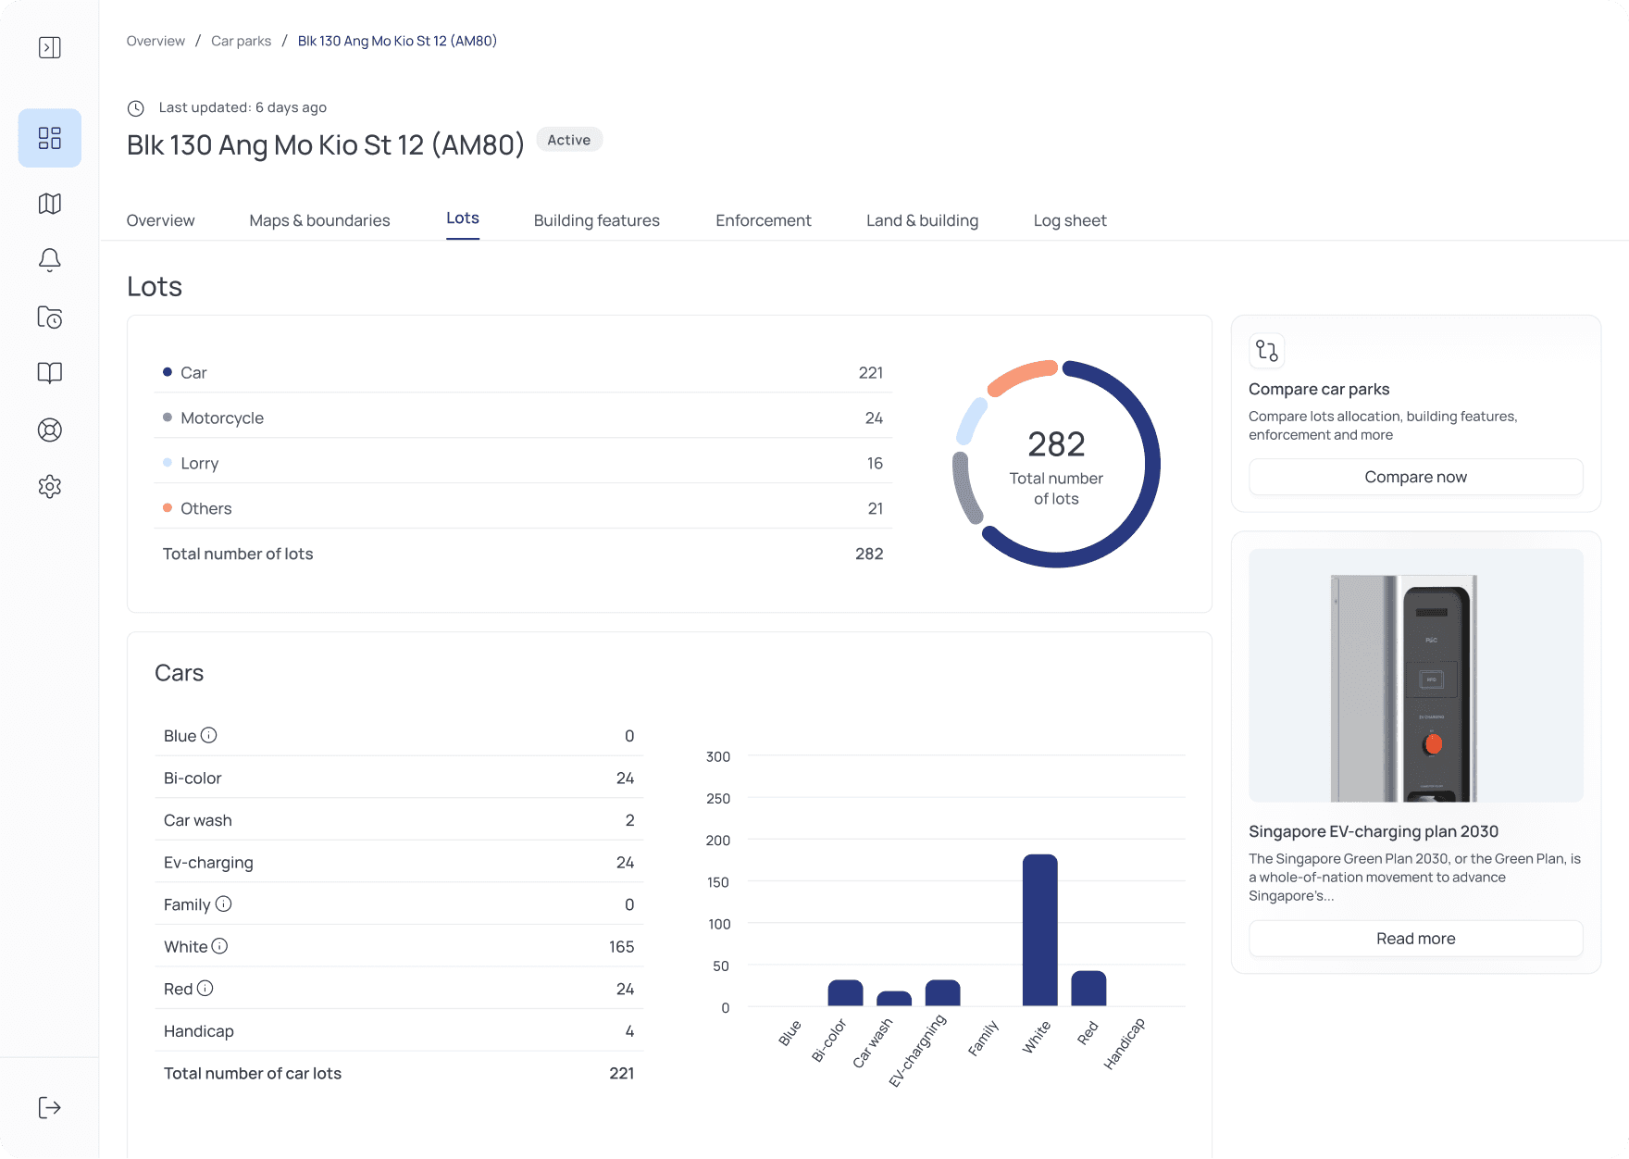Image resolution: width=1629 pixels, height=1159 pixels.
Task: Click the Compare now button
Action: coord(1415,477)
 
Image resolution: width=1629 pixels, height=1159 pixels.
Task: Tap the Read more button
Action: coord(1415,939)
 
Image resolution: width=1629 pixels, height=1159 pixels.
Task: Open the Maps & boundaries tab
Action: coord(319,220)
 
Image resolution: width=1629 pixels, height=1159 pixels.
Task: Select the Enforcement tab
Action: coord(763,220)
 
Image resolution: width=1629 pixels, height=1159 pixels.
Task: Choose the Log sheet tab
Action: coord(1069,220)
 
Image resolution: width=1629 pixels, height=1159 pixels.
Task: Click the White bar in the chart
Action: coord(1039,929)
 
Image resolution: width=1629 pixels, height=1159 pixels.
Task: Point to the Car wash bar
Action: coord(894,999)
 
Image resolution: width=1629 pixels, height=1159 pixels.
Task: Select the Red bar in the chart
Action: coord(1088,989)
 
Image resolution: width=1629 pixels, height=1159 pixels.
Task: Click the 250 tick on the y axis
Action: coord(718,798)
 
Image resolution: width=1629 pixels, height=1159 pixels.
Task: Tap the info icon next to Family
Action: coord(223,904)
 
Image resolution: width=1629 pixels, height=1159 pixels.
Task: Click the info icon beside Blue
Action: coord(209,735)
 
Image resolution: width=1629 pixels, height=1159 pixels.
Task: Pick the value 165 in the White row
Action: coord(621,946)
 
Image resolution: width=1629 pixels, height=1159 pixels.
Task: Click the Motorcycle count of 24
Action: coord(874,417)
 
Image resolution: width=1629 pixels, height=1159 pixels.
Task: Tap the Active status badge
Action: coord(568,140)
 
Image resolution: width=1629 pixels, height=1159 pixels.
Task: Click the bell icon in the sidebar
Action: coord(50,260)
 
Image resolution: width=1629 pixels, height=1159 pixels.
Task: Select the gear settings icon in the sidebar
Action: coord(50,486)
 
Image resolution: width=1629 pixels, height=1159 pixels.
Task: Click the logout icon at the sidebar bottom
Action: coord(50,1107)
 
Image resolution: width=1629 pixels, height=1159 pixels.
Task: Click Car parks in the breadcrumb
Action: coord(241,41)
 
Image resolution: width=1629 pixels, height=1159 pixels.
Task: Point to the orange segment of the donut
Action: coord(1022,375)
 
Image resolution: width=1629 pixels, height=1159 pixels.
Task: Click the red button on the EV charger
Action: coord(1434,743)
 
